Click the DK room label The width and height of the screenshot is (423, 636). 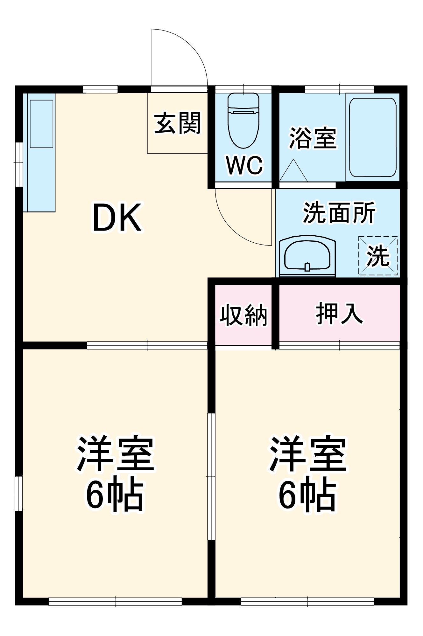click(117, 218)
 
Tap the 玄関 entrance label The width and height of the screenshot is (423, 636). click(177, 123)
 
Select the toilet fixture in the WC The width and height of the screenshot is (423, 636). click(243, 121)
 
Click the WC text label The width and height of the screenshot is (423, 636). click(244, 165)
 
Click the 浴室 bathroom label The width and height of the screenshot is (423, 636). click(313, 138)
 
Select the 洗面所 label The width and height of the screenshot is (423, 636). click(339, 212)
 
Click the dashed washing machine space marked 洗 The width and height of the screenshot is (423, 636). click(378, 256)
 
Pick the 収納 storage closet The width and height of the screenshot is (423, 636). click(243, 315)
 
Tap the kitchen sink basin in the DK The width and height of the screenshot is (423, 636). click(41, 124)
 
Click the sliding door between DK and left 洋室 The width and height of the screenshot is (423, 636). click(147, 345)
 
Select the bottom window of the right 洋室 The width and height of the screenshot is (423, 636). click(307, 601)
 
